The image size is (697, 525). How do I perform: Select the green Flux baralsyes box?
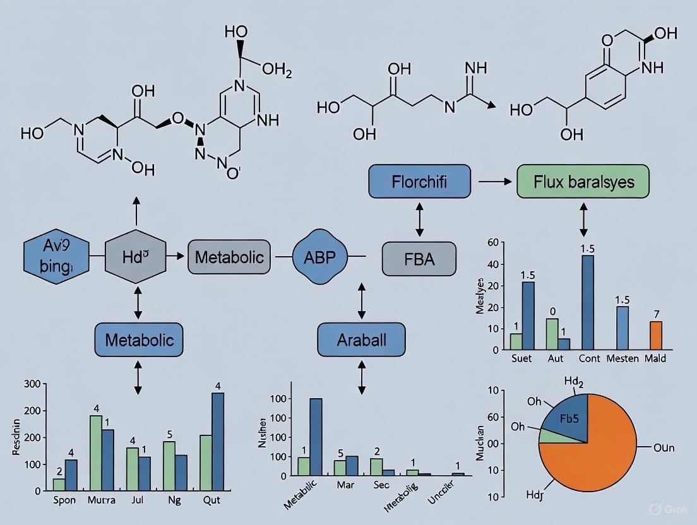point(583,182)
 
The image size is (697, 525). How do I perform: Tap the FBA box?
point(418,259)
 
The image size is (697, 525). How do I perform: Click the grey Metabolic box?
point(229,257)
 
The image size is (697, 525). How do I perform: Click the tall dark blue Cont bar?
point(588,302)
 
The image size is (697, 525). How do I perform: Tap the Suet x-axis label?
point(521,358)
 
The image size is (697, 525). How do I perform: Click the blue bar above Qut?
point(217,441)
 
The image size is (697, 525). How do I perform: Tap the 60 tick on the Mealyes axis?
point(493,244)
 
